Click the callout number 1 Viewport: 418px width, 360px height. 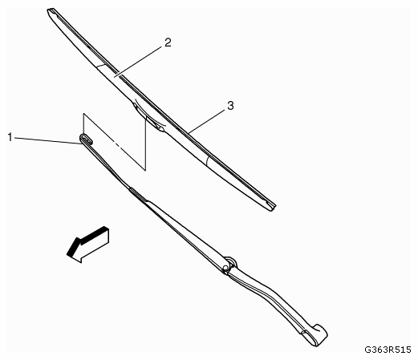[10, 137]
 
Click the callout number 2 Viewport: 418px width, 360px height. [168, 42]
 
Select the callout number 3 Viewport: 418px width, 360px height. [230, 106]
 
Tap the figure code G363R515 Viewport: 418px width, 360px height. [388, 350]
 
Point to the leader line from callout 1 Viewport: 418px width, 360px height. [47, 140]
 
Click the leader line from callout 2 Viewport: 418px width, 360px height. [138, 62]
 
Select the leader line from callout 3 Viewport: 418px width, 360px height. [206, 121]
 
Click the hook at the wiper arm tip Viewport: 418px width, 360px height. [86, 140]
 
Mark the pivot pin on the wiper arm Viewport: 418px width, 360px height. [225, 268]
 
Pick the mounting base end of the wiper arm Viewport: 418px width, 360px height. [315, 335]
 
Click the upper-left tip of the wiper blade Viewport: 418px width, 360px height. [49, 10]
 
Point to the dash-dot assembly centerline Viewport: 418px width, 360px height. [115, 144]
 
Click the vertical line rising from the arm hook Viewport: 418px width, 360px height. [83, 124]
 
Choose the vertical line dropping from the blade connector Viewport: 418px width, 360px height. [146, 144]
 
